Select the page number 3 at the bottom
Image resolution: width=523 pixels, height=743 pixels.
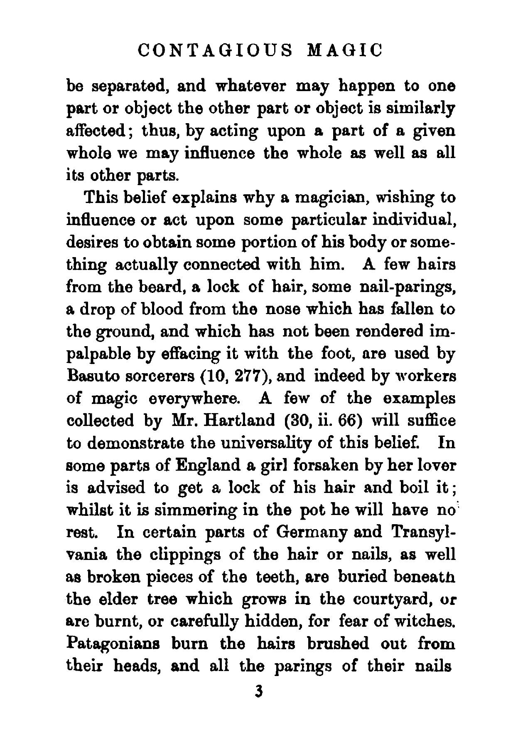coord(259,692)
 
